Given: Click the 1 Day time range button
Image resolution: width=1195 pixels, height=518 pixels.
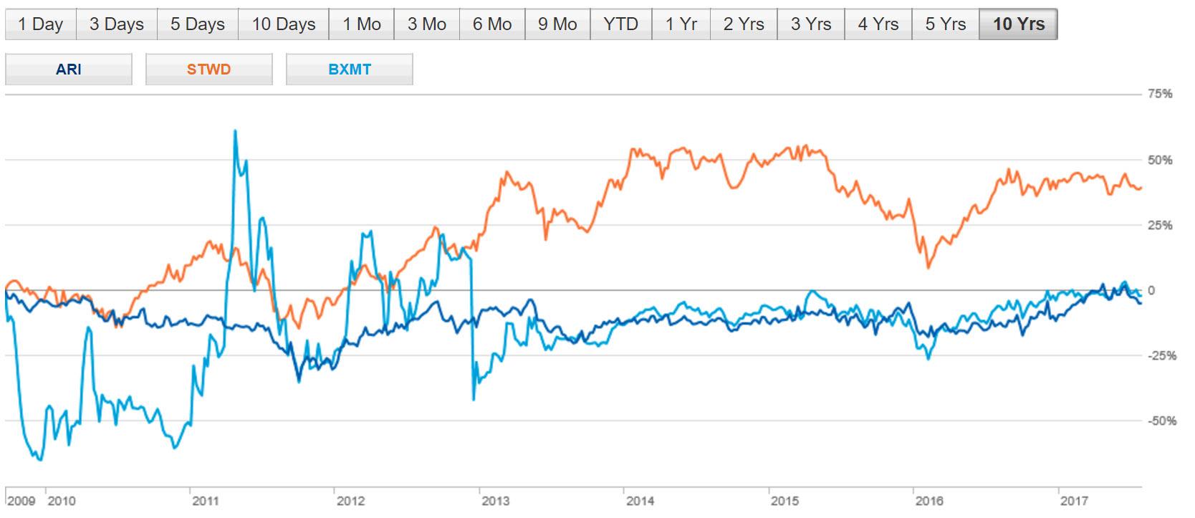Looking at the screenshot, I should click(40, 24).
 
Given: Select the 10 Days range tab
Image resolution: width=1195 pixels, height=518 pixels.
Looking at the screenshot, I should click(284, 24).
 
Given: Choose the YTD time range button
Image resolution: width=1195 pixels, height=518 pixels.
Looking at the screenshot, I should click(620, 24).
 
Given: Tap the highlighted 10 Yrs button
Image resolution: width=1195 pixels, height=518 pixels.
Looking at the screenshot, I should click(1018, 24).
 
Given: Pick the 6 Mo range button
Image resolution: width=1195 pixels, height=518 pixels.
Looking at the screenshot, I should click(492, 24).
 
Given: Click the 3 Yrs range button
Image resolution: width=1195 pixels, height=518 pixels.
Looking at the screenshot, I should click(811, 24).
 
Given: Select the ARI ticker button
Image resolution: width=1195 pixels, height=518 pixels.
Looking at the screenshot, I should click(69, 70).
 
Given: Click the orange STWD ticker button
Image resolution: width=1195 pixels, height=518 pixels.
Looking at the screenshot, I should click(208, 70).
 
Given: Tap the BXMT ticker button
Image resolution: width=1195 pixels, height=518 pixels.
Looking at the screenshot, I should click(350, 70).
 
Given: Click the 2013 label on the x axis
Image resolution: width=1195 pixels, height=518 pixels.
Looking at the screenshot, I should click(492, 502).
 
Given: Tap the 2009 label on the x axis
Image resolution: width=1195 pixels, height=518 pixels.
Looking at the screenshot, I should click(21, 502).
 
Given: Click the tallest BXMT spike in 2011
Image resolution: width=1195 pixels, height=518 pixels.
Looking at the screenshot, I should click(235, 131).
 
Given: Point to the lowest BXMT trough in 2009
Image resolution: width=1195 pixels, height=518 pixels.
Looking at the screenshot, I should click(40, 460).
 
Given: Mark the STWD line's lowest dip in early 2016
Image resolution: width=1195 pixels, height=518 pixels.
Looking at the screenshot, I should click(928, 267).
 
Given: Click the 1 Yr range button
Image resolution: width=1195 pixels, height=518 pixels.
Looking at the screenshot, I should click(681, 24).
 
